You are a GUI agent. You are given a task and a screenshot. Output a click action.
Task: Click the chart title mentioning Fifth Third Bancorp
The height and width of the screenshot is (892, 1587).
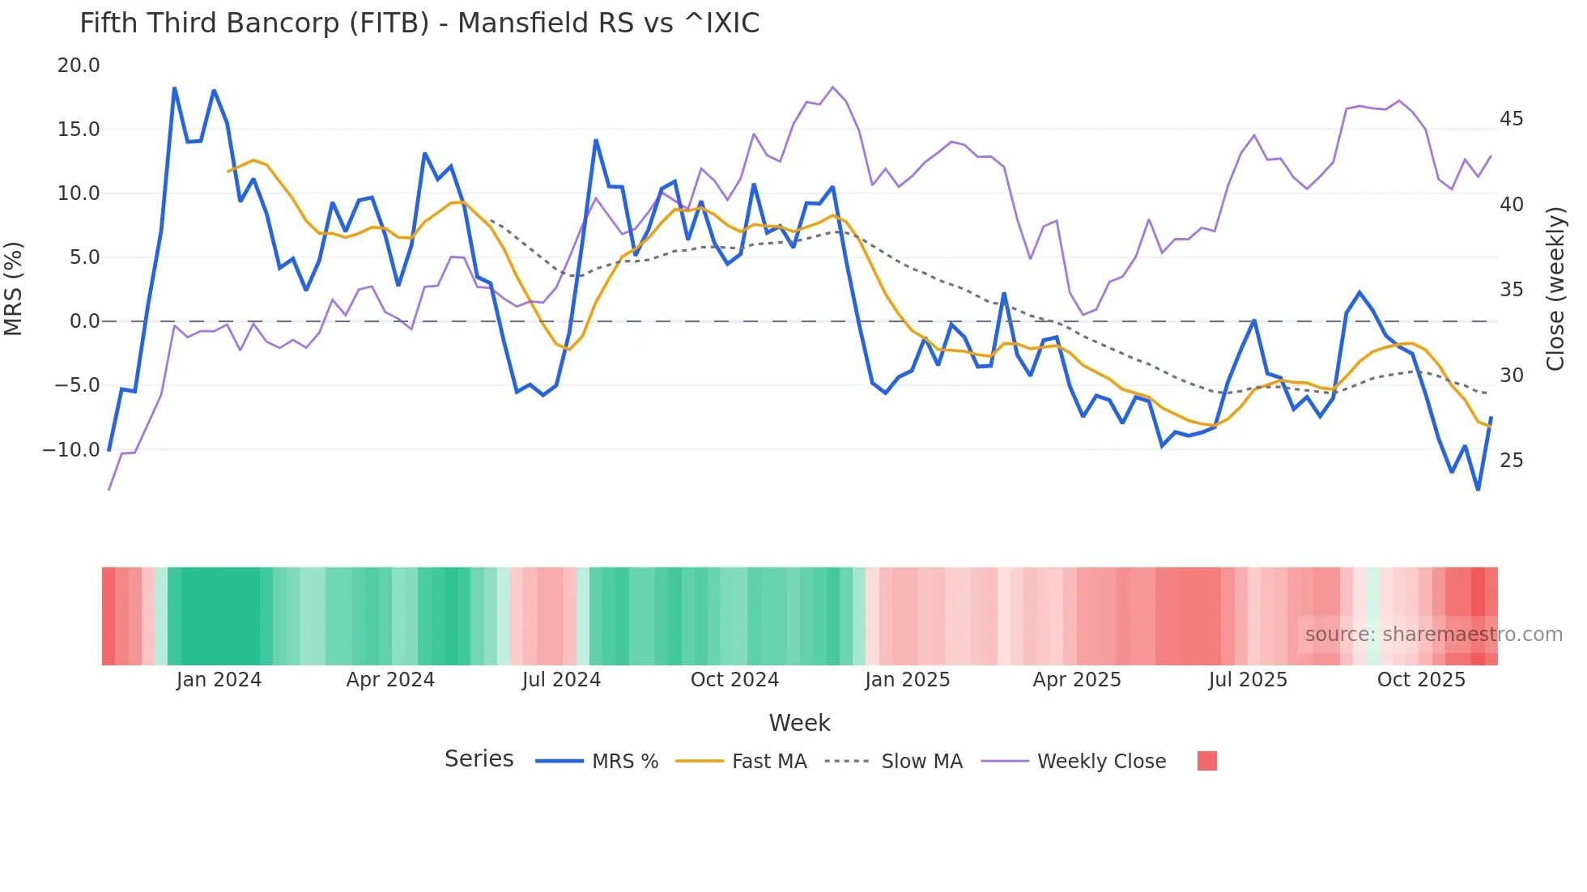(419, 23)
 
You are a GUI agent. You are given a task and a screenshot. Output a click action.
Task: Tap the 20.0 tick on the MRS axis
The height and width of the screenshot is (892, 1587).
(79, 66)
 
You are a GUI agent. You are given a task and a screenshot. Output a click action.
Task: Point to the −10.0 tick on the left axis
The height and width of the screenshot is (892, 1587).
(71, 450)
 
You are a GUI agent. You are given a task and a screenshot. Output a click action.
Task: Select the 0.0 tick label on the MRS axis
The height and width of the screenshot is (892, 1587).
(84, 321)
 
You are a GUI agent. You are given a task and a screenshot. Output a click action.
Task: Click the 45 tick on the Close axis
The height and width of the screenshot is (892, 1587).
(1511, 119)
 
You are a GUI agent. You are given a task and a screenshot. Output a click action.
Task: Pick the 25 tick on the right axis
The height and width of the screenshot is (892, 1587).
(1511, 461)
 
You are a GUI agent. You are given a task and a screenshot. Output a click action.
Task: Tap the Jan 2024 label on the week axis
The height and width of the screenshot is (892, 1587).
(219, 680)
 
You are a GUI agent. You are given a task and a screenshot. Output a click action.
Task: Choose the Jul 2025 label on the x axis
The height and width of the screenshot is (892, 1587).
(1248, 680)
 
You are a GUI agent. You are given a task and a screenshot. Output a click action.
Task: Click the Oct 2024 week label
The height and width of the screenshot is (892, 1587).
(734, 680)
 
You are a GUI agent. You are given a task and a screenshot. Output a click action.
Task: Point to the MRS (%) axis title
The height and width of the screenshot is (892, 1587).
(14, 288)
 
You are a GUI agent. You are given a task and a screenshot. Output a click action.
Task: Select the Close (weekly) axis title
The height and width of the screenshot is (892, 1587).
(1555, 288)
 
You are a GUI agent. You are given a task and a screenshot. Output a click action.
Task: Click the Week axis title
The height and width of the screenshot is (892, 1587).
(799, 723)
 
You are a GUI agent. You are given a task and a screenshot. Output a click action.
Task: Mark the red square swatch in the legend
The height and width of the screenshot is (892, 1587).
(1206, 761)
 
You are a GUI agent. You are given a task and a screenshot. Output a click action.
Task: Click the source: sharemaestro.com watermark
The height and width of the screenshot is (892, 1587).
(1433, 635)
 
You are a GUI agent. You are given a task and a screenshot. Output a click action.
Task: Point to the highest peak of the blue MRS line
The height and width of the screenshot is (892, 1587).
(175, 88)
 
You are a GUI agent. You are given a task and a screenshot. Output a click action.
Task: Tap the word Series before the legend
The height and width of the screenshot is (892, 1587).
(479, 759)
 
